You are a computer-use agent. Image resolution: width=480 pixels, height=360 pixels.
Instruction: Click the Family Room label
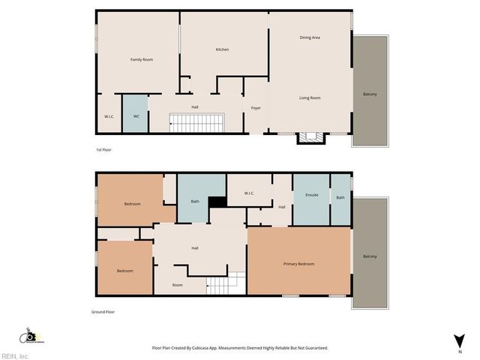(141, 59)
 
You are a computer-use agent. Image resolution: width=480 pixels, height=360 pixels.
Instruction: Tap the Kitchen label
(222, 49)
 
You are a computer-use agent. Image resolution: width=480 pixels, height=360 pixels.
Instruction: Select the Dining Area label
(310, 37)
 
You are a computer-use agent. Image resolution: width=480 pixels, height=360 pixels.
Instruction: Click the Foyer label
(256, 108)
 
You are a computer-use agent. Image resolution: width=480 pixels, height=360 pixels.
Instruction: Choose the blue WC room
(136, 115)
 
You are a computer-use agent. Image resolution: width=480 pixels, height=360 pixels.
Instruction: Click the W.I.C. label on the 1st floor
(109, 116)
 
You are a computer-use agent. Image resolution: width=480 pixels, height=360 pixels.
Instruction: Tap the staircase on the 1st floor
(196, 123)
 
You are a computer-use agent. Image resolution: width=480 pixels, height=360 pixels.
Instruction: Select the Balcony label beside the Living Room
(370, 94)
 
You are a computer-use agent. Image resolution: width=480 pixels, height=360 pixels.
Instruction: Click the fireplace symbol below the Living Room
(311, 137)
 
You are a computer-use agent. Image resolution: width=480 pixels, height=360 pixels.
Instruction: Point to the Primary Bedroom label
(298, 264)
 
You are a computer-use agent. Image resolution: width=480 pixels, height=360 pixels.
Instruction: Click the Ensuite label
(311, 195)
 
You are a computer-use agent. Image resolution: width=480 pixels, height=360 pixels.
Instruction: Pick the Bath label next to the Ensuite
(340, 197)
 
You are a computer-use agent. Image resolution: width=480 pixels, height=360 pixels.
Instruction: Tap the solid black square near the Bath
(217, 202)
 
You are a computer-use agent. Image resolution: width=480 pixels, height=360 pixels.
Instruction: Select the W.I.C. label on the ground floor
(249, 193)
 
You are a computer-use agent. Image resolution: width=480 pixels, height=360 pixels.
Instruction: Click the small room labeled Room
(178, 285)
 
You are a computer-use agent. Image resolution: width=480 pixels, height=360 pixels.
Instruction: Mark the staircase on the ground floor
(226, 283)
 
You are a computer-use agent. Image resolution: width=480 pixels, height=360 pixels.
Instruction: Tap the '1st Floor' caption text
(104, 150)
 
